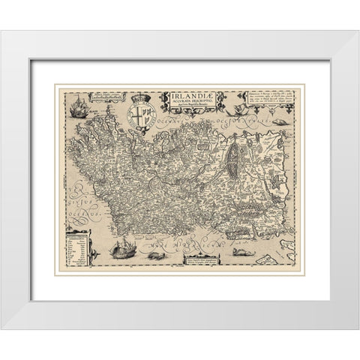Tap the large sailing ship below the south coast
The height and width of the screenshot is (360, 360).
(x=121, y=247)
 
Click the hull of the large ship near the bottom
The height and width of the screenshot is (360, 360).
(x=121, y=254)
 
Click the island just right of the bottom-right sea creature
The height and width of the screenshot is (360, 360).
(x=267, y=257)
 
